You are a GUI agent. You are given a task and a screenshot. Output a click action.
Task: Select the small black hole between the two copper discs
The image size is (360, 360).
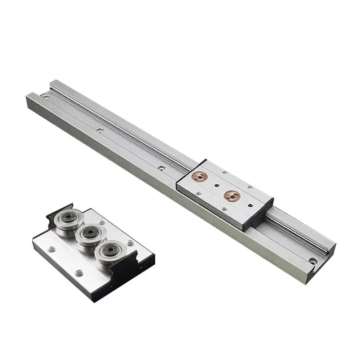click(216, 186)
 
